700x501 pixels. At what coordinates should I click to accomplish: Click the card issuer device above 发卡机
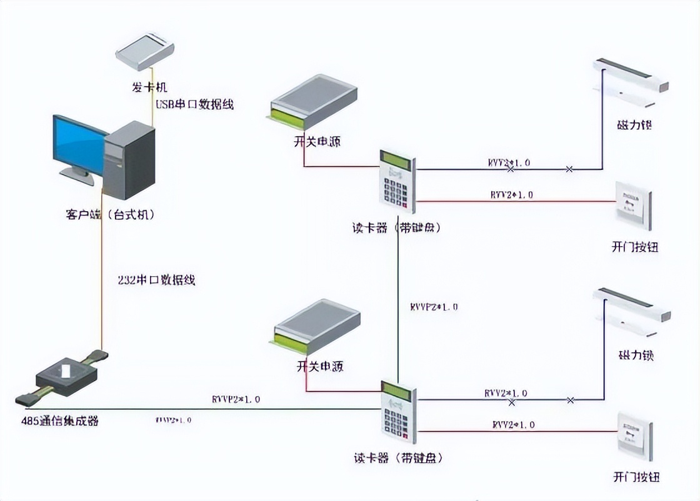145,52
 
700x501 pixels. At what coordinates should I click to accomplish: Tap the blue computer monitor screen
79,144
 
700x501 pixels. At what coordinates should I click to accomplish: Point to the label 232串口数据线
156,280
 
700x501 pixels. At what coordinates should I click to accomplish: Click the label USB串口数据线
194,104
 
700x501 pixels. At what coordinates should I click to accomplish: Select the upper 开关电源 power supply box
314,99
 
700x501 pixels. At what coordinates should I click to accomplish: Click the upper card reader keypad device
397,181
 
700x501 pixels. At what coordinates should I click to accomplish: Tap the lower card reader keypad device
398,412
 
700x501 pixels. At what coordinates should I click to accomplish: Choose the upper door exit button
633,205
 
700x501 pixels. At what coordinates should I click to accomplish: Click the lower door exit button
634,435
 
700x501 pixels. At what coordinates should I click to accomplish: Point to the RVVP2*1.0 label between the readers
434,307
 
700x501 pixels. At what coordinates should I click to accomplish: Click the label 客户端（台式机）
109,214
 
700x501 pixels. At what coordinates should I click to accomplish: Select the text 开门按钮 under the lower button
635,478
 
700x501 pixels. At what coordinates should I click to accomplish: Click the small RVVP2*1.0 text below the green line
173,420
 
